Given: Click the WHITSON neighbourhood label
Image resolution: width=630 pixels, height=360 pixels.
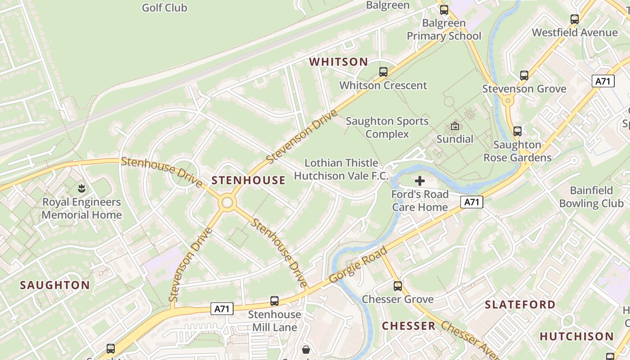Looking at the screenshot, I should click(339, 62).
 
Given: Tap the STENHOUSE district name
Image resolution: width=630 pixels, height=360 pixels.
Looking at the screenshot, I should click(248, 180).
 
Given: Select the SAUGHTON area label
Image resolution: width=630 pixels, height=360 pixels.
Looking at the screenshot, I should click(55, 285).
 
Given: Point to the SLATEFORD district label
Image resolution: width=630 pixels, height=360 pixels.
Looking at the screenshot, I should click(520, 305).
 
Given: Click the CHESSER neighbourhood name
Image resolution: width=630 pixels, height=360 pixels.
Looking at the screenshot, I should click(409, 326).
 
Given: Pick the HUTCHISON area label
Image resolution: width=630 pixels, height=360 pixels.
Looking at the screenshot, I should click(576, 336).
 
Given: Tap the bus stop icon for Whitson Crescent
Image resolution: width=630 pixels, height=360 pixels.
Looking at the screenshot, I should click(383, 72).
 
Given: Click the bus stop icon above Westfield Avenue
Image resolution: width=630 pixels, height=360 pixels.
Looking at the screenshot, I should click(575, 19).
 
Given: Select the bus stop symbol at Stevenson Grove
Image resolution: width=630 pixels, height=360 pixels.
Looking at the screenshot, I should click(524, 76).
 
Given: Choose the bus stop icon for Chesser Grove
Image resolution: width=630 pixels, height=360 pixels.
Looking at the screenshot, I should click(398, 286).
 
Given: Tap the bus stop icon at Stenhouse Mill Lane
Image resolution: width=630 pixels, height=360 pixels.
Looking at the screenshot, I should click(274, 301).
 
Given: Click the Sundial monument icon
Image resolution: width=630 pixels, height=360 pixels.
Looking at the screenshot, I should click(455, 126).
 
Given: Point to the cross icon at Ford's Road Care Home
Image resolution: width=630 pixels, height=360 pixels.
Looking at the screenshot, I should click(420, 181).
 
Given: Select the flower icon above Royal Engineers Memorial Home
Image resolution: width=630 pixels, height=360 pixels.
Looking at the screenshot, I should click(81, 188).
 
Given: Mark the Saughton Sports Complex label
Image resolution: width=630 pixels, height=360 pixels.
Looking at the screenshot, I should click(387, 127).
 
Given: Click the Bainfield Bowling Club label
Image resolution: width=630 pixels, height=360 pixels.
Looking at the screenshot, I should click(591, 197).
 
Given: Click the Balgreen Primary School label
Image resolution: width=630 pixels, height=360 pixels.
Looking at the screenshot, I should click(444, 29).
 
